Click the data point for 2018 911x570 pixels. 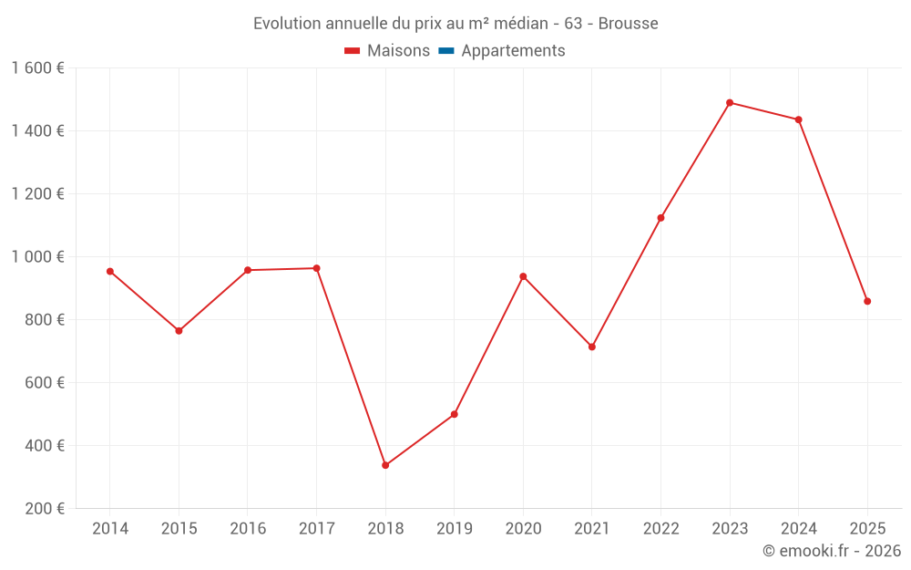coord(385,465)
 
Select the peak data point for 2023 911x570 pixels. coord(730,103)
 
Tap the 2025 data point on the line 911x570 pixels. coord(867,301)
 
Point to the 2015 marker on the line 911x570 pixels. coord(179,331)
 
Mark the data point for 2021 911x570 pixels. coord(592,347)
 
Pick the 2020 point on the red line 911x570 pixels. coord(523,276)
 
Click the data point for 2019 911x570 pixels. coord(455,414)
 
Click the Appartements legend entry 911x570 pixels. coord(513,51)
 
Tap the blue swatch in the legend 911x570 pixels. coord(445,51)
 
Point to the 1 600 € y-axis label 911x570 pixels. coord(37,68)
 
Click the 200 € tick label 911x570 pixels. coord(46,509)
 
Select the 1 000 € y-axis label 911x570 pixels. coord(37,257)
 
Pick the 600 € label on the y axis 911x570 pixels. coord(46,383)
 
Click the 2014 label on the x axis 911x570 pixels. coord(110,528)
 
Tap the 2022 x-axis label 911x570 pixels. coord(660,528)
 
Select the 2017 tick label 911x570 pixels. coord(316,528)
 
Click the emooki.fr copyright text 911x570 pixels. coord(832,551)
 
